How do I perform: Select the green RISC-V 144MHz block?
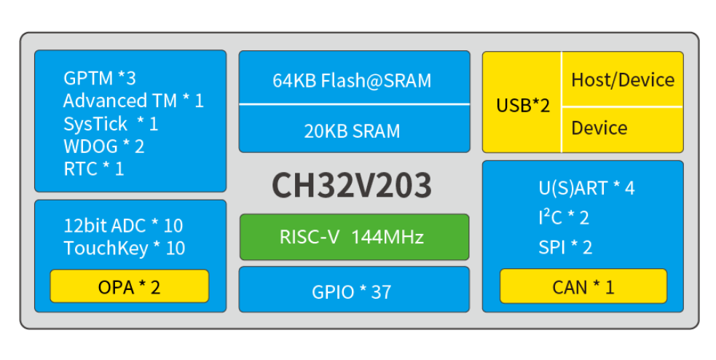tap(354, 237)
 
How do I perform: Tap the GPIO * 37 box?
tap(354, 291)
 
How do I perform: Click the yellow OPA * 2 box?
tap(129, 286)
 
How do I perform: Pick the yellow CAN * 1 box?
tap(583, 286)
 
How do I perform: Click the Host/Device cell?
tap(622, 79)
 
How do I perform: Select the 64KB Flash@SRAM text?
tap(354, 80)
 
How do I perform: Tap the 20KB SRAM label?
tap(354, 131)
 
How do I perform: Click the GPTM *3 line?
tap(100, 78)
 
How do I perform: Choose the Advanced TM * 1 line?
tap(133, 101)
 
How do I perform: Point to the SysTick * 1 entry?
tap(111, 123)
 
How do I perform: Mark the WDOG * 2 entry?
tap(104, 146)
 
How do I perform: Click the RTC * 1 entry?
tap(94, 168)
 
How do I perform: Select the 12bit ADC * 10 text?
tap(123, 225)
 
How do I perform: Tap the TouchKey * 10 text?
tap(125, 248)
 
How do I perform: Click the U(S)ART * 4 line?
tap(586, 188)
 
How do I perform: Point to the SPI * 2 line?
tap(565, 247)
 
